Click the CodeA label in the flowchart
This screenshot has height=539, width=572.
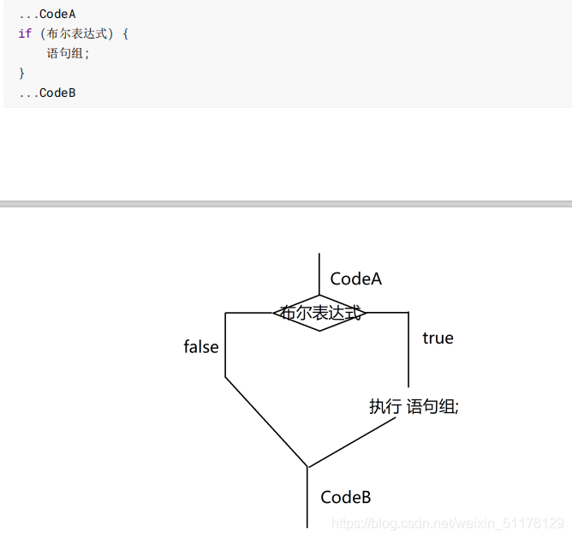point(355,278)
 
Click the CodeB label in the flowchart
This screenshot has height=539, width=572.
point(345,497)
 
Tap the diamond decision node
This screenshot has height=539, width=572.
point(319,314)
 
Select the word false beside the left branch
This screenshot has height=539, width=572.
point(201,347)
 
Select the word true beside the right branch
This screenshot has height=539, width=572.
point(438,338)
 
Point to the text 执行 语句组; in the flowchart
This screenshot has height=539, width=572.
point(414,406)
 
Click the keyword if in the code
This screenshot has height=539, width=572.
point(24,33)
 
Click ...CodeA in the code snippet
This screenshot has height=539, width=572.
point(47,14)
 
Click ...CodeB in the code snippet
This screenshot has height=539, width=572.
point(47,93)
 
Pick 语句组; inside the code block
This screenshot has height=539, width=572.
point(68,53)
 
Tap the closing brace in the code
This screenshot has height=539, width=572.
point(21,73)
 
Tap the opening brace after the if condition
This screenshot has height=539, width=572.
point(125,33)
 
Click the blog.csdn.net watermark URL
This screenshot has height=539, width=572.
point(447,523)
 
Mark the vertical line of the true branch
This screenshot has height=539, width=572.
point(408,351)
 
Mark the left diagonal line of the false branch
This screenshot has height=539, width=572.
point(265,422)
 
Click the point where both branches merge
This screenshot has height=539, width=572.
point(307,468)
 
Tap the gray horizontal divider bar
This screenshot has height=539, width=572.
point(286,204)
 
